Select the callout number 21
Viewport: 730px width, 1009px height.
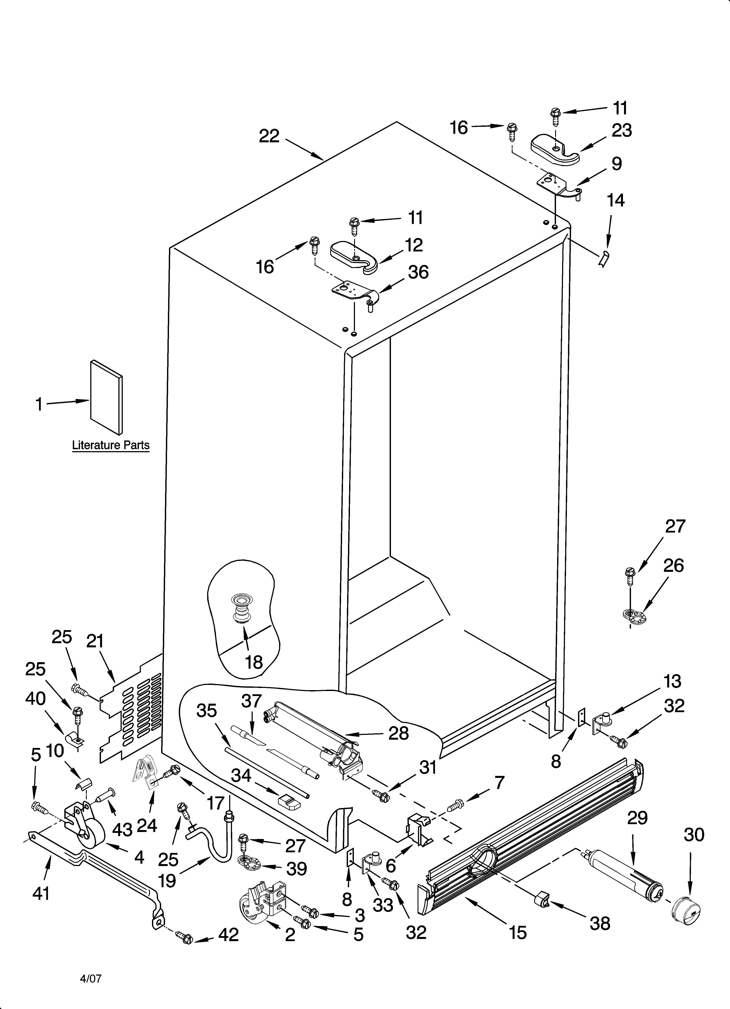[x=95, y=641]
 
